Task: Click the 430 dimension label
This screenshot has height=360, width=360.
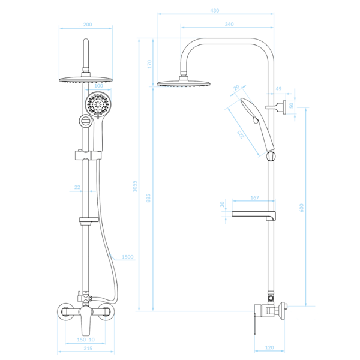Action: pos(215,11)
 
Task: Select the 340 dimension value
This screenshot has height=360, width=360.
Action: pos(229,24)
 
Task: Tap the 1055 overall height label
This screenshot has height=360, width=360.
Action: pos(135,186)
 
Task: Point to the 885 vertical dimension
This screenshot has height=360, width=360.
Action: pos(148,198)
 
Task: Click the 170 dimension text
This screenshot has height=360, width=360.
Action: pos(149,64)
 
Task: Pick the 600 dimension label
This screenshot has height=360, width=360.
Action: pos(301,208)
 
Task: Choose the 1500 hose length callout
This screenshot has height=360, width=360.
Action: pos(127,257)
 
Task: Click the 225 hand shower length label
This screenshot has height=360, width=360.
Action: pos(241,134)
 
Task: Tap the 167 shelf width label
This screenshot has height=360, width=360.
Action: pos(254,197)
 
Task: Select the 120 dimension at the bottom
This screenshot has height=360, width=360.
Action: pos(269,347)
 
